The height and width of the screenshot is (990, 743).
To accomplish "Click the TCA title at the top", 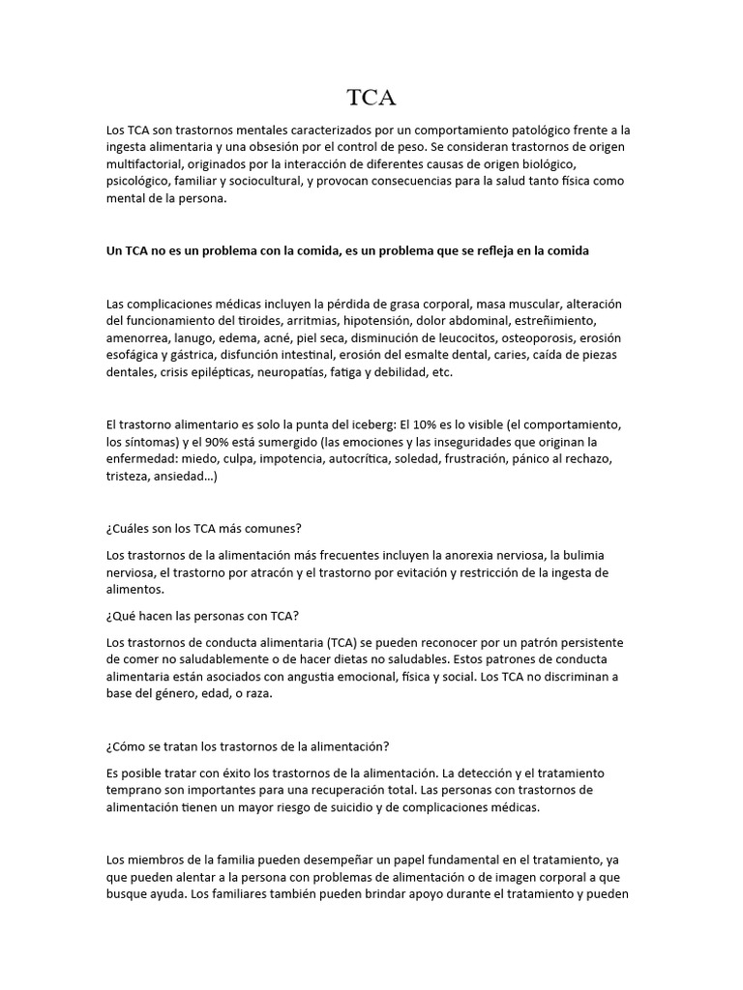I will point(371,97).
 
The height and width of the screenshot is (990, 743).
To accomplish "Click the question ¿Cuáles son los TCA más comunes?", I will point(204,528).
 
